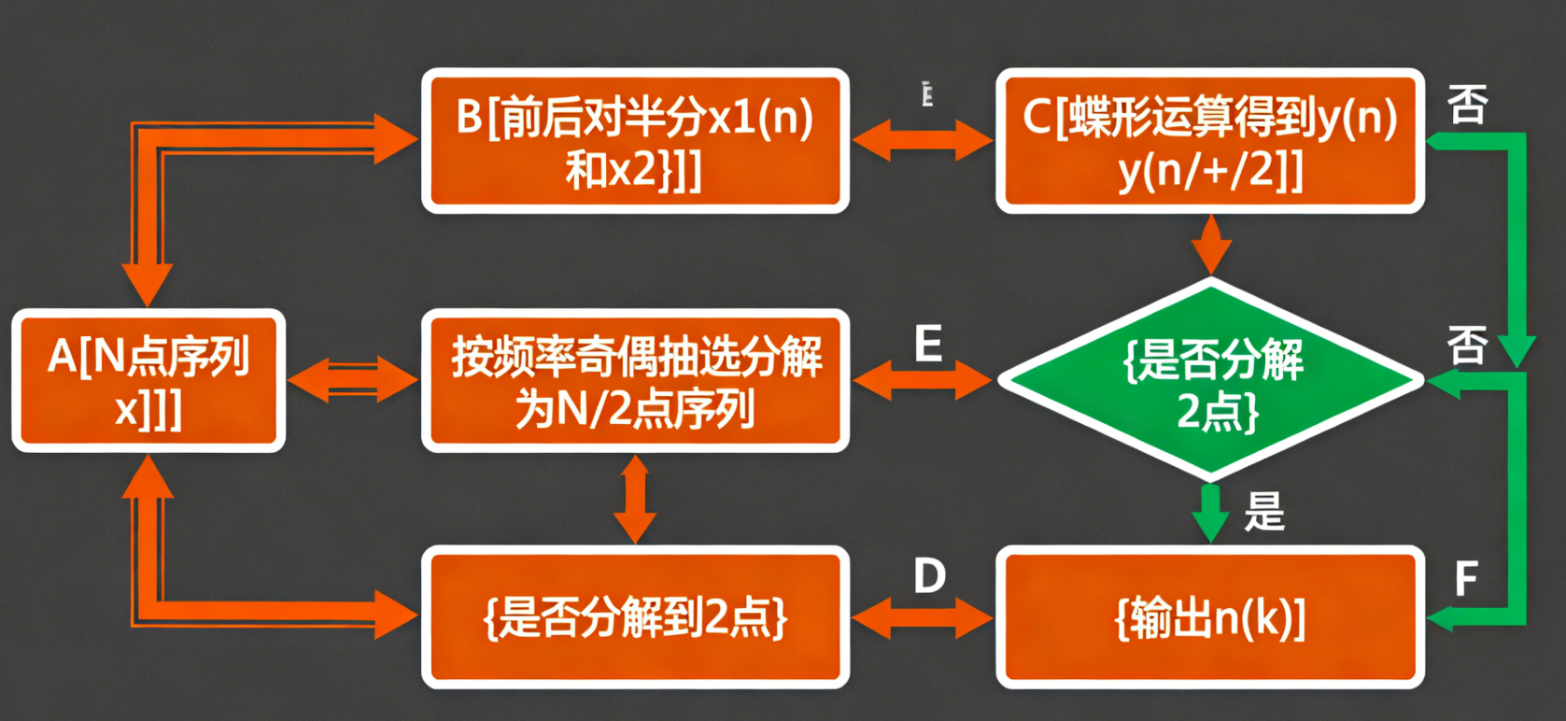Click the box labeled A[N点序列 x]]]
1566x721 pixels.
pyautogui.click(x=148, y=381)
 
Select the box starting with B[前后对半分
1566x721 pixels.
pyautogui.click(x=635, y=141)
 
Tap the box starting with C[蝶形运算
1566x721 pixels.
pyautogui.click(x=1210, y=141)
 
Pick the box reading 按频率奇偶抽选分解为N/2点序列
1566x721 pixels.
pyautogui.click(x=635, y=381)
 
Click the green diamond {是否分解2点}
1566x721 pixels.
pyautogui.click(x=1210, y=381)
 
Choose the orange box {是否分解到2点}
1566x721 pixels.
pyautogui.click(x=635, y=617)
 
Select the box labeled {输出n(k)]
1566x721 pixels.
pyautogui.click(x=1210, y=617)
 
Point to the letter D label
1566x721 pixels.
pyautogui.click(x=929, y=576)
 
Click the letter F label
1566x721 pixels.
pyautogui.click(x=1466, y=579)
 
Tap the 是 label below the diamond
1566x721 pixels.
pyautogui.click(x=1264, y=512)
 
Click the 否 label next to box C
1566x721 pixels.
pyautogui.click(x=1467, y=104)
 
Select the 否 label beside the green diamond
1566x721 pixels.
pyautogui.click(x=1467, y=345)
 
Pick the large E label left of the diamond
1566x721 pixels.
pyautogui.click(x=928, y=345)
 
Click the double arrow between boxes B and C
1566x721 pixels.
pyautogui.click(x=923, y=141)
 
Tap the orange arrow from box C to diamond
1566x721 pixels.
pyautogui.click(x=1211, y=245)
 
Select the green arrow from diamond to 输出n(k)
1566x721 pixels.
pyautogui.click(x=1211, y=513)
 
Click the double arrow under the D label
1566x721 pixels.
pyautogui.click(x=923, y=617)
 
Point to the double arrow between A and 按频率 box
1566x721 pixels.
pyautogui.click(x=353, y=380)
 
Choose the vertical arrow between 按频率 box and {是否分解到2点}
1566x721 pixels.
pyautogui.click(x=635, y=499)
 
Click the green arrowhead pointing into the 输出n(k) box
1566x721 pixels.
pyautogui.click(x=1441, y=617)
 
